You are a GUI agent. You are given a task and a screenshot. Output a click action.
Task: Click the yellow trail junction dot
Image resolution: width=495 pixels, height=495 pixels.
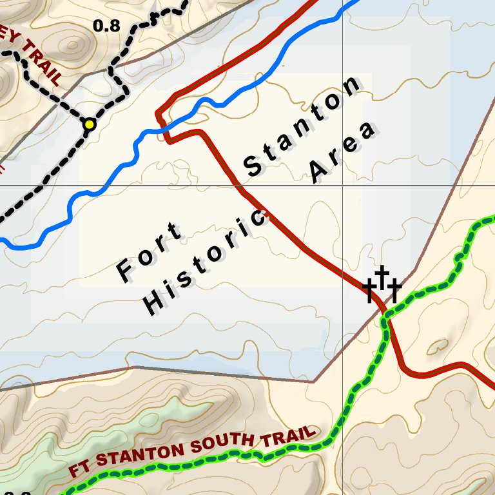(90, 124)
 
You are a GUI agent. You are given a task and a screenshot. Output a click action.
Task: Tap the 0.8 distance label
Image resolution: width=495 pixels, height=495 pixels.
(106, 26)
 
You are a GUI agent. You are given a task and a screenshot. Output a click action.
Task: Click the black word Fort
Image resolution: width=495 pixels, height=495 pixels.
(150, 251)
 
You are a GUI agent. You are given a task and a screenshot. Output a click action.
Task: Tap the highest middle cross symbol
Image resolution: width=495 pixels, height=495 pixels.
(382, 277)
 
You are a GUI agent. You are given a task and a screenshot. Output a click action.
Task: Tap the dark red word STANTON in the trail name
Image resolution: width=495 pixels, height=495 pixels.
(142, 455)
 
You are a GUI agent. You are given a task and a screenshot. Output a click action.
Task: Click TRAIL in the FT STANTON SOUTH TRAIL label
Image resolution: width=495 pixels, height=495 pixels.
(289, 437)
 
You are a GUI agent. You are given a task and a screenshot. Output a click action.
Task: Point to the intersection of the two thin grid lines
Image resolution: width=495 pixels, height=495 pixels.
(342, 186)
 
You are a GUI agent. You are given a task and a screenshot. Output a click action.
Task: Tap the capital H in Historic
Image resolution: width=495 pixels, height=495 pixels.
(153, 302)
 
